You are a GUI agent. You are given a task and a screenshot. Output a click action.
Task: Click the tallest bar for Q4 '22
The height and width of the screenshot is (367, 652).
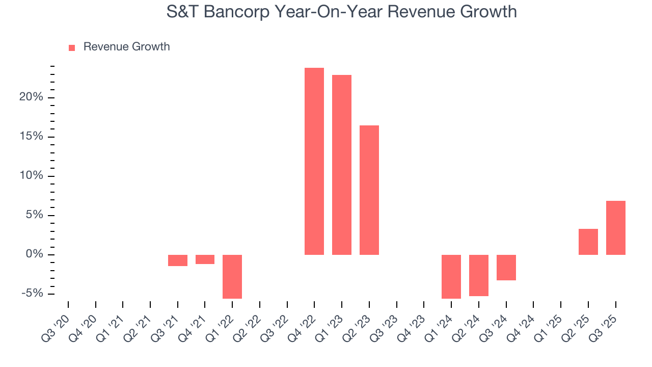[314, 161]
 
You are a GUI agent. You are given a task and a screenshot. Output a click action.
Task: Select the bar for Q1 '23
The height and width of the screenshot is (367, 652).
[342, 165]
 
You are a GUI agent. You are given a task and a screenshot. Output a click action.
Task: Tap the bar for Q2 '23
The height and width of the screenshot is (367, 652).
[369, 190]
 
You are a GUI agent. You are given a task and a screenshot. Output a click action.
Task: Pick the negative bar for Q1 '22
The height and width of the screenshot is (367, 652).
[232, 276]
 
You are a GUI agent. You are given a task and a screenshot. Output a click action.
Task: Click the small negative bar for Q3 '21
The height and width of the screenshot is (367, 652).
[178, 260]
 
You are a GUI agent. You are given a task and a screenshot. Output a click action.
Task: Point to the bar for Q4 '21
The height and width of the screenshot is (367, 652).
[205, 259]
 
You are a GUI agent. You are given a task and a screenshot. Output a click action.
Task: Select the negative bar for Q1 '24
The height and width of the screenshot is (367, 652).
[451, 276]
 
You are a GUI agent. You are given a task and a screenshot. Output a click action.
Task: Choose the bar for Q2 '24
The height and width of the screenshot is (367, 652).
[479, 275]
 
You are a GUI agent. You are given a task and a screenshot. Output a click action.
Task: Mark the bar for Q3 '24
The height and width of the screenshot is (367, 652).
[506, 268]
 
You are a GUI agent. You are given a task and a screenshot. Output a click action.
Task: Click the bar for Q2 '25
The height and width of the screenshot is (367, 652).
[588, 242]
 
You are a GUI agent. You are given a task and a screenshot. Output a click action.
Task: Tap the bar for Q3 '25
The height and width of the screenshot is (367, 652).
[616, 228]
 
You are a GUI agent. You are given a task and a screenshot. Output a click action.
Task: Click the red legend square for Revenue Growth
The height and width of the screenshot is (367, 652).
[72, 47]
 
